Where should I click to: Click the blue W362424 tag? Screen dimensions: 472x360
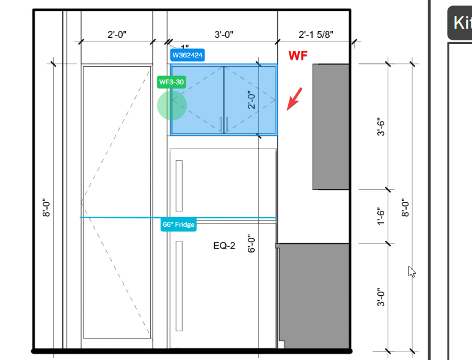187,55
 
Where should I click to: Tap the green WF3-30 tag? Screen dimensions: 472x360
172,82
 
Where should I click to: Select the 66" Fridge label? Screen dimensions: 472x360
178,224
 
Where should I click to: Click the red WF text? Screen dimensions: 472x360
298,56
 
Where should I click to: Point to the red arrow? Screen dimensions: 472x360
294,99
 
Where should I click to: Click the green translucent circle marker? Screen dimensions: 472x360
172,106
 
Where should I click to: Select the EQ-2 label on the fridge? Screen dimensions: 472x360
224,246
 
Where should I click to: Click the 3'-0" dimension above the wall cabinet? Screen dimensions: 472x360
224,35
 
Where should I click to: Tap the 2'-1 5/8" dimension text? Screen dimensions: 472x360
316,35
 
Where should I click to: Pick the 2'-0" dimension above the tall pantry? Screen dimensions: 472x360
117,35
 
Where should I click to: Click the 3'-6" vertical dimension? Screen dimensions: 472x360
381,127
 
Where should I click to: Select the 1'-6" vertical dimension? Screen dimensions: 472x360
381,216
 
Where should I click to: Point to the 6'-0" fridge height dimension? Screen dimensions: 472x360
252,243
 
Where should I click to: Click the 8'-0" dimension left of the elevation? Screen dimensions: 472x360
46,208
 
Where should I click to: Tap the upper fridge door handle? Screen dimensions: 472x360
179,186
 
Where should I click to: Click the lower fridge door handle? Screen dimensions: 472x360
179,286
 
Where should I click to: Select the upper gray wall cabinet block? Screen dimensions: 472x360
331,127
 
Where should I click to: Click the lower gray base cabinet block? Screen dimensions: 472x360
314,296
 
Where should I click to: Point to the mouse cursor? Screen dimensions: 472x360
412,271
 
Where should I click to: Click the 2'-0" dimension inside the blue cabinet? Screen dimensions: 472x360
252,100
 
